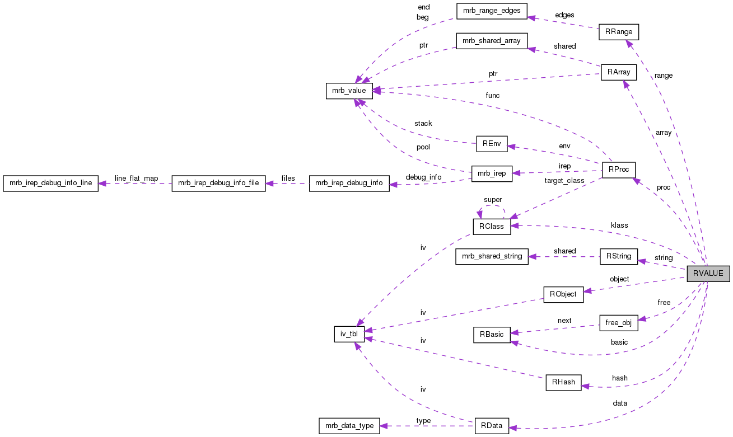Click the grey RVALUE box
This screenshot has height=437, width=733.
click(x=708, y=274)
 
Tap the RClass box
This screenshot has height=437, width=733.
click(x=491, y=227)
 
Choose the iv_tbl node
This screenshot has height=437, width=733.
click(x=349, y=335)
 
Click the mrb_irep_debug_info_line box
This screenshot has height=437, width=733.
click(x=50, y=184)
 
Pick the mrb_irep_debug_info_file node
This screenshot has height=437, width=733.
click(x=218, y=184)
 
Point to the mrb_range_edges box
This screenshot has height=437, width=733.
click(x=491, y=11)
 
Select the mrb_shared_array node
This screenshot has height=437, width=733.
click(x=492, y=41)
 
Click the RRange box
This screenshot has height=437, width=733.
click(x=618, y=31)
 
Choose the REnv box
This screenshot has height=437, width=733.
click(x=491, y=143)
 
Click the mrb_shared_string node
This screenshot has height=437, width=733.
click(x=491, y=257)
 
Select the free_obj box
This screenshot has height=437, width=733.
click(x=618, y=323)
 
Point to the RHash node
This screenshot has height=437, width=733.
click(x=563, y=383)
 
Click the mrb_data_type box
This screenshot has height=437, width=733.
click(x=349, y=425)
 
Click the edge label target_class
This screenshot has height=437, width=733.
click(x=564, y=181)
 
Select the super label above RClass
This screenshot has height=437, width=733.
click(x=493, y=199)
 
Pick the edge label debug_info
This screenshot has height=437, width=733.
click(x=423, y=177)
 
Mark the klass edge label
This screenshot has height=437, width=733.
click(x=619, y=225)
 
